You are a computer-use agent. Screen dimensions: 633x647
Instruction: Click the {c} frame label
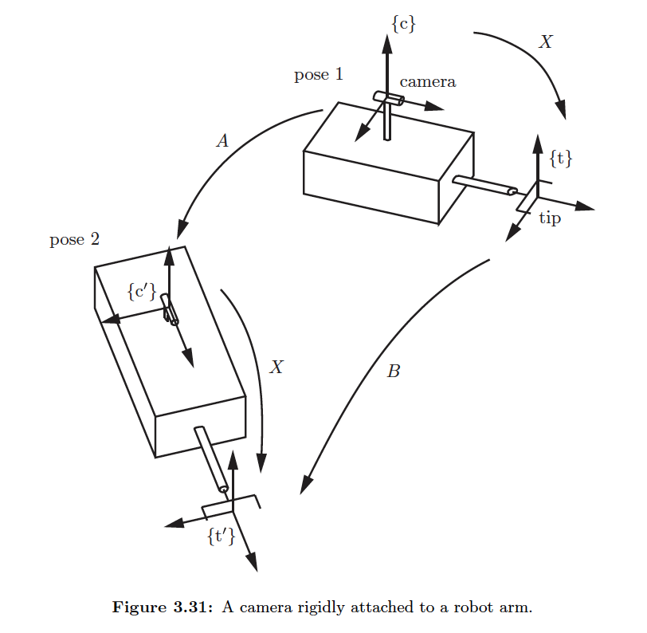pos(404,24)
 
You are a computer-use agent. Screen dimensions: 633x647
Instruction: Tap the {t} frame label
pos(561,158)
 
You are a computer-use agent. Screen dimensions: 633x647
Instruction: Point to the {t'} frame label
pos(221,536)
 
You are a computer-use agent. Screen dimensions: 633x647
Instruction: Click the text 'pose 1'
pos(319,75)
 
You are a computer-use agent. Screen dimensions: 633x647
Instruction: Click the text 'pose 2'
pos(74,239)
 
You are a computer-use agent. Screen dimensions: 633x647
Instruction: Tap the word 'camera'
pos(427,81)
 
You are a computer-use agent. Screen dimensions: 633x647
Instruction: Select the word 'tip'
pos(550,218)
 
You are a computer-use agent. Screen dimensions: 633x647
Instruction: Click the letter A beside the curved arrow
pos(223,141)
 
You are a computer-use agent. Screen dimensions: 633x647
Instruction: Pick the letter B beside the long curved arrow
pos(393,371)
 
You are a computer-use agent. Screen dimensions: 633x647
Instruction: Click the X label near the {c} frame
pos(545,42)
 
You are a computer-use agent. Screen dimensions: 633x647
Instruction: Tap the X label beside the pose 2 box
pos(276,367)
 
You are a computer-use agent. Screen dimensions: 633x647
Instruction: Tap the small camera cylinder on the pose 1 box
pos(389,98)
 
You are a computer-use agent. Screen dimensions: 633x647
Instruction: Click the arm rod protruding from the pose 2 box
pos(210,458)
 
